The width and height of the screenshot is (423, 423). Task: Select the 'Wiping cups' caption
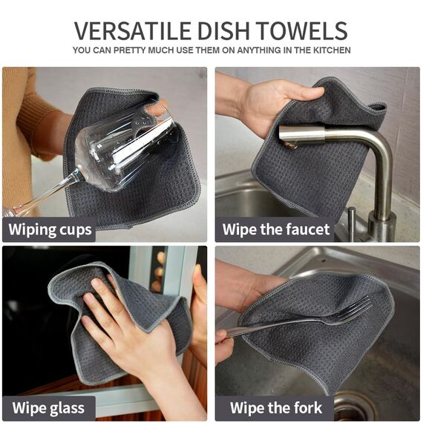[50, 229]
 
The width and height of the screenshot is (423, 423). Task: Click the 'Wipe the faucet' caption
[276, 229]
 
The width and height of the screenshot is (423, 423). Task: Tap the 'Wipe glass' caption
[48, 407]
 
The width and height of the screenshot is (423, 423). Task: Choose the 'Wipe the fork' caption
[275, 407]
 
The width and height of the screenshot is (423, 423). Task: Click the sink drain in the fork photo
[353, 407]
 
